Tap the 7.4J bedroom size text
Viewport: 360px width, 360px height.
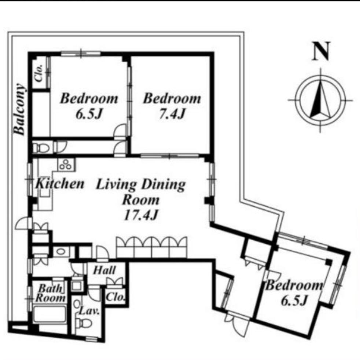pyautogui.click(x=172, y=113)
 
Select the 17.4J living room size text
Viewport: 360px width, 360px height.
pyautogui.click(x=141, y=215)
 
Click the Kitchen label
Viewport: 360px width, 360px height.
pyautogui.click(x=60, y=184)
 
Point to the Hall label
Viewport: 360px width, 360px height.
pyautogui.click(x=104, y=270)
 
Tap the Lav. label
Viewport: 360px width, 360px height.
pyautogui.click(x=89, y=311)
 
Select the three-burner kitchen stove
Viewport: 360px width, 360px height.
pyautogui.click(x=66, y=165)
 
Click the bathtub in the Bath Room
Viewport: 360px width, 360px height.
pyautogui.click(x=50, y=314)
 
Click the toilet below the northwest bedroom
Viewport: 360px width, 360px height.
pyautogui.click(x=41, y=148)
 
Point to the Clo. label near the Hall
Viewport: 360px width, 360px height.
pyautogui.click(x=115, y=297)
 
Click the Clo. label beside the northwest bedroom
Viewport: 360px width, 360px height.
pyautogui.click(x=39, y=73)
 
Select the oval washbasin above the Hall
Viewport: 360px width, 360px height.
pyautogui.click(x=61, y=251)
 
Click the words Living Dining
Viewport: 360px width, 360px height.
pyautogui.click(x=141, y=185)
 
